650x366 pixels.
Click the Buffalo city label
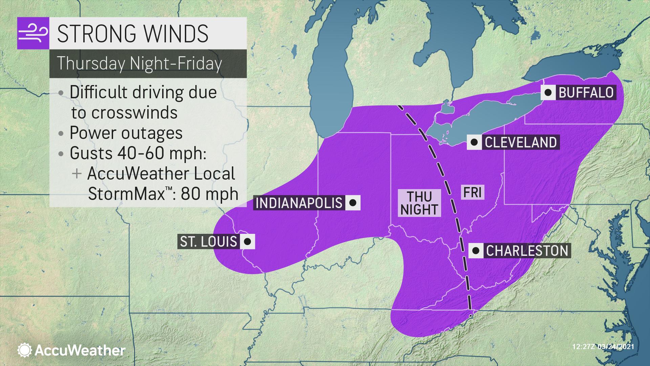click(586, 92)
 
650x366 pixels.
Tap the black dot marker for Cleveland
click(474, 142)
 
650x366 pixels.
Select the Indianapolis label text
click(299, 203)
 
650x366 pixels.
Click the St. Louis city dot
click(247, 242)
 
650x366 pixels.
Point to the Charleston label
click(527, 251)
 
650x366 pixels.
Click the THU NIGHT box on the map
click(419, 203)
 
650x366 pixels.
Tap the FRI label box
click(472, 192)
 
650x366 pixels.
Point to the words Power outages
click(126, 133)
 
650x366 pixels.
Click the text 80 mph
click(210, 194)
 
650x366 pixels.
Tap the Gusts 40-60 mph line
click(138, 153)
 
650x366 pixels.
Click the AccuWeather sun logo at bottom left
click(25, 350)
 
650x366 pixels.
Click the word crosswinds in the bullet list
click(124, 113)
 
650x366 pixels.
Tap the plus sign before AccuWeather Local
click(77, 174)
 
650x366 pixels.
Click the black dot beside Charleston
click(476, 251)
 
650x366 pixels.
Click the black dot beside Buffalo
click(548, 92)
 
